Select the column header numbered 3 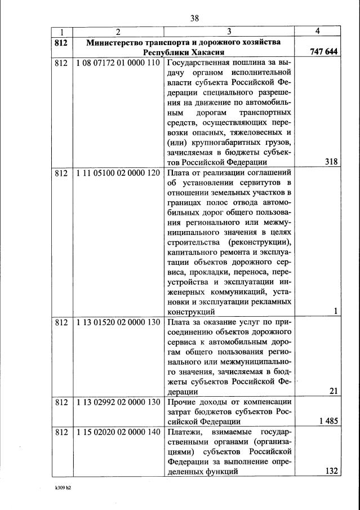[229, 32]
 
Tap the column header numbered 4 [318, 32]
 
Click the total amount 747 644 [323, 52]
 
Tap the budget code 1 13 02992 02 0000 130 [118, 402]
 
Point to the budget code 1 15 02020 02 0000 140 [118, 432]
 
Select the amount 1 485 [327, 422]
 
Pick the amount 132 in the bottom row [331, 472]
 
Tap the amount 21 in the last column [333, 391]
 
